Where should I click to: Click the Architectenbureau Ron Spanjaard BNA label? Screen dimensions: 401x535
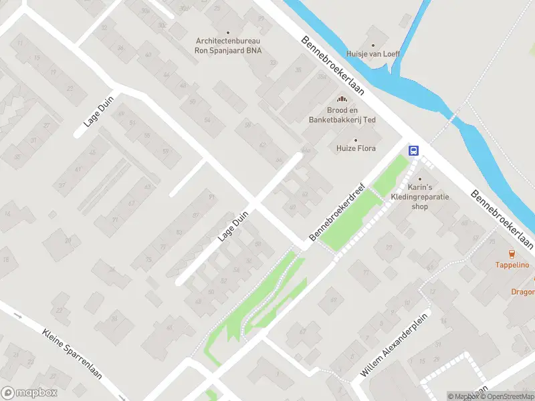(227, 45)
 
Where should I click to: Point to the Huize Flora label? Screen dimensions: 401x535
(356, 148)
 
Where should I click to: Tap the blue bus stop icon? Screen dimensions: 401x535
(414, 150)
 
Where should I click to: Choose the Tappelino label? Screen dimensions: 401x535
(512, 265)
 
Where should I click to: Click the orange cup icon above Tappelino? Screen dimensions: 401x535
(512, 254)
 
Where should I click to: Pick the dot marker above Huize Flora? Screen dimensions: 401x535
(356, 140)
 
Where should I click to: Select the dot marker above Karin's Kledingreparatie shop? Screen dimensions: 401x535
(420, 179)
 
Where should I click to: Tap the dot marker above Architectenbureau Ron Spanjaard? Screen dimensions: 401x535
(227, 32)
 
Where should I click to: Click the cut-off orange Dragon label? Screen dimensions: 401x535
(523, 291)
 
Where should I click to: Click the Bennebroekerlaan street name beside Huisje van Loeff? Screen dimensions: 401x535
(332, 67)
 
